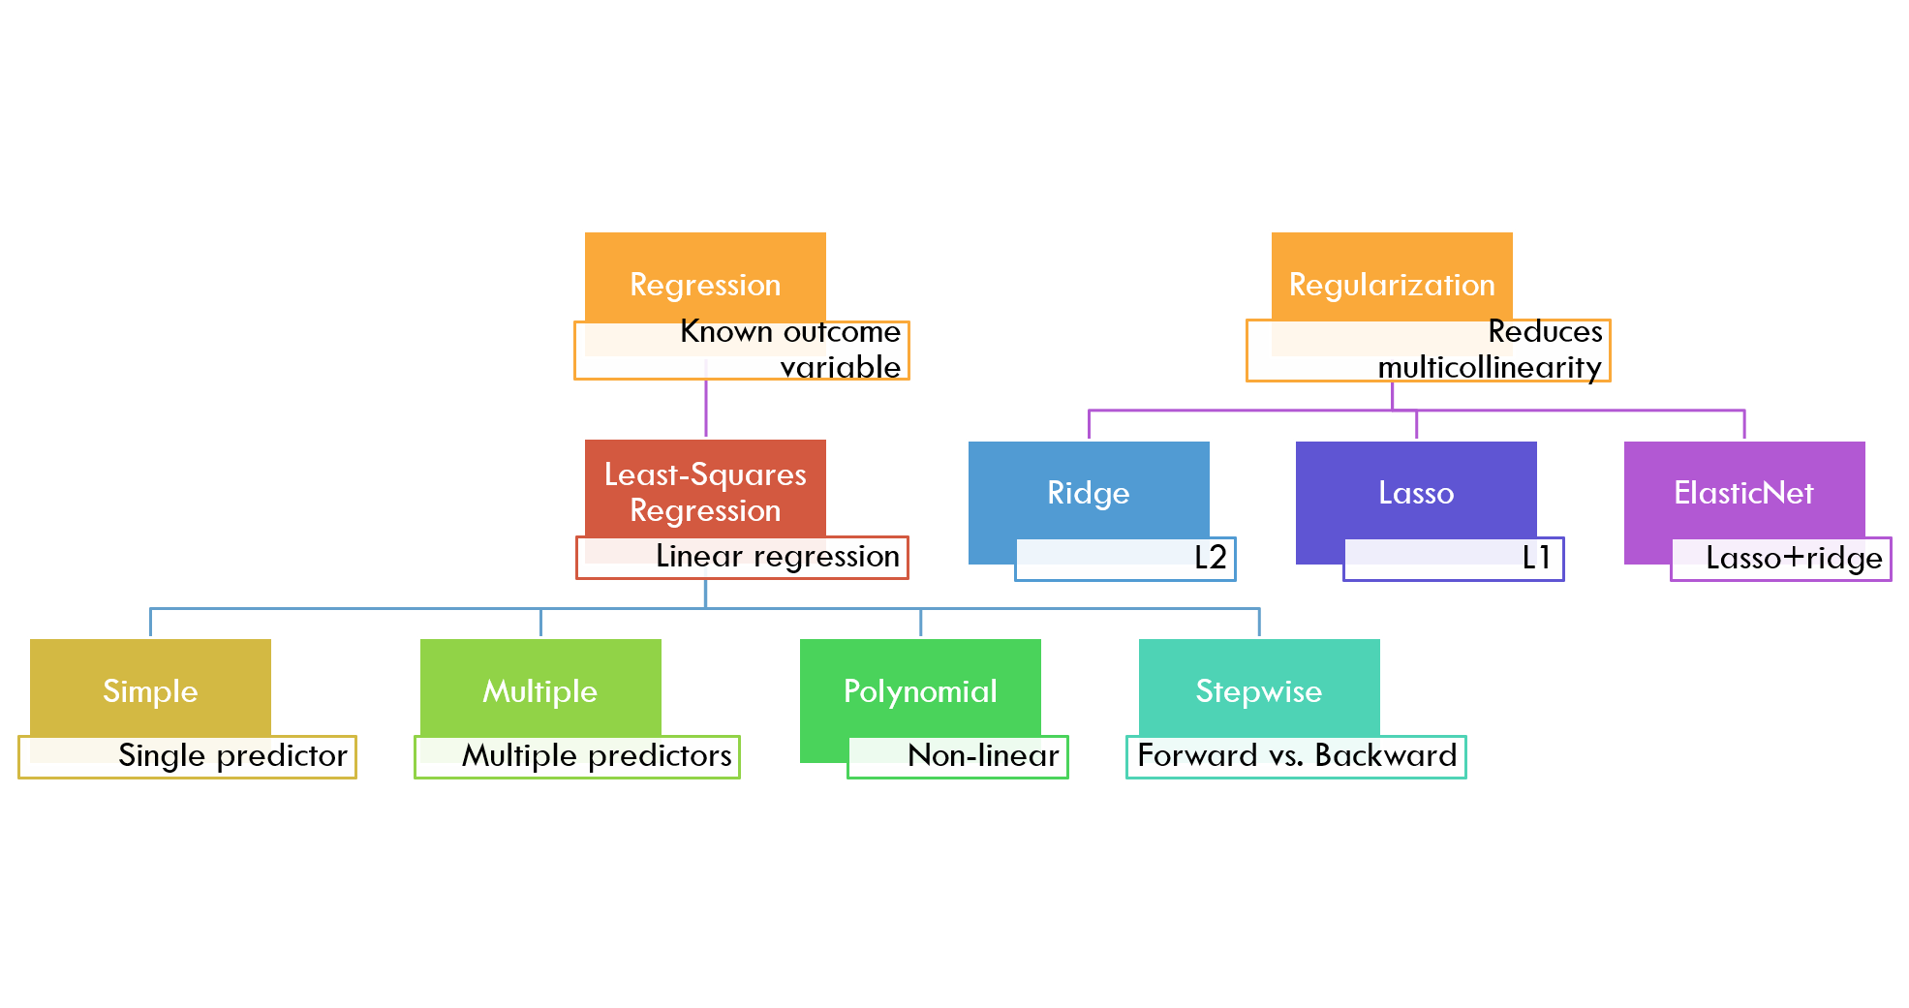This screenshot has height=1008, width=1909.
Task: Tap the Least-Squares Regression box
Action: click(705, 489)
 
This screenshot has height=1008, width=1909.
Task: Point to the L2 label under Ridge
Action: click(1210, 558)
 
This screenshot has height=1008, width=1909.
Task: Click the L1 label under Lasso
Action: click(1537, 558)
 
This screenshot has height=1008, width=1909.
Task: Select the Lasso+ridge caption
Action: click(1794, 559)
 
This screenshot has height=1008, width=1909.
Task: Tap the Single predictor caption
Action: click(232, 756)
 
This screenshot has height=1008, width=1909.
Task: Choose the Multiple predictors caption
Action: click(597, 756)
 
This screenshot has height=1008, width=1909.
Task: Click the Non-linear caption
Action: click(983, 756)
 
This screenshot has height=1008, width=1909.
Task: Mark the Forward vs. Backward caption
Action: click(1297, 756)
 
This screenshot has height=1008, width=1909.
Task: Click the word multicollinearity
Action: click(1490, 368)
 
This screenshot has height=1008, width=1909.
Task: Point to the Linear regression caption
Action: click(778, 557)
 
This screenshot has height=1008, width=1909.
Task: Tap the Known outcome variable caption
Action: click(790, 350)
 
